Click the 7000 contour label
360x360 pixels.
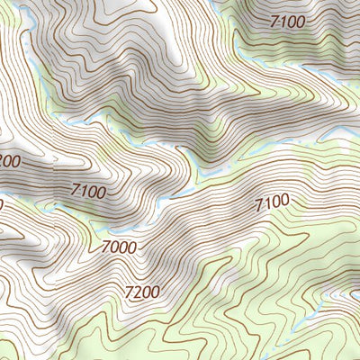coord(119,247)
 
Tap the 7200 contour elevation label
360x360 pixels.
coord(143,292)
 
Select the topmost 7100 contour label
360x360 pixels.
coord(287,20)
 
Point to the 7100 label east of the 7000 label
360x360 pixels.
coord(272,204)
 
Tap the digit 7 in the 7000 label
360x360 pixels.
coord(105,245)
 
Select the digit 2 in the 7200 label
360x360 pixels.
coord(139,292)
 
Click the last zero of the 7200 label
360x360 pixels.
coord(157,292)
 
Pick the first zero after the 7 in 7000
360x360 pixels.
coord(114,247)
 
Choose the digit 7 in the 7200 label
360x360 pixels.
coord(130,291)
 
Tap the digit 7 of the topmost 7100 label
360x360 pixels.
coord(274,20)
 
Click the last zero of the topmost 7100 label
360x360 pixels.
coord(301,20)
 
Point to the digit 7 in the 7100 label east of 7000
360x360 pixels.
coord(259,207)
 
